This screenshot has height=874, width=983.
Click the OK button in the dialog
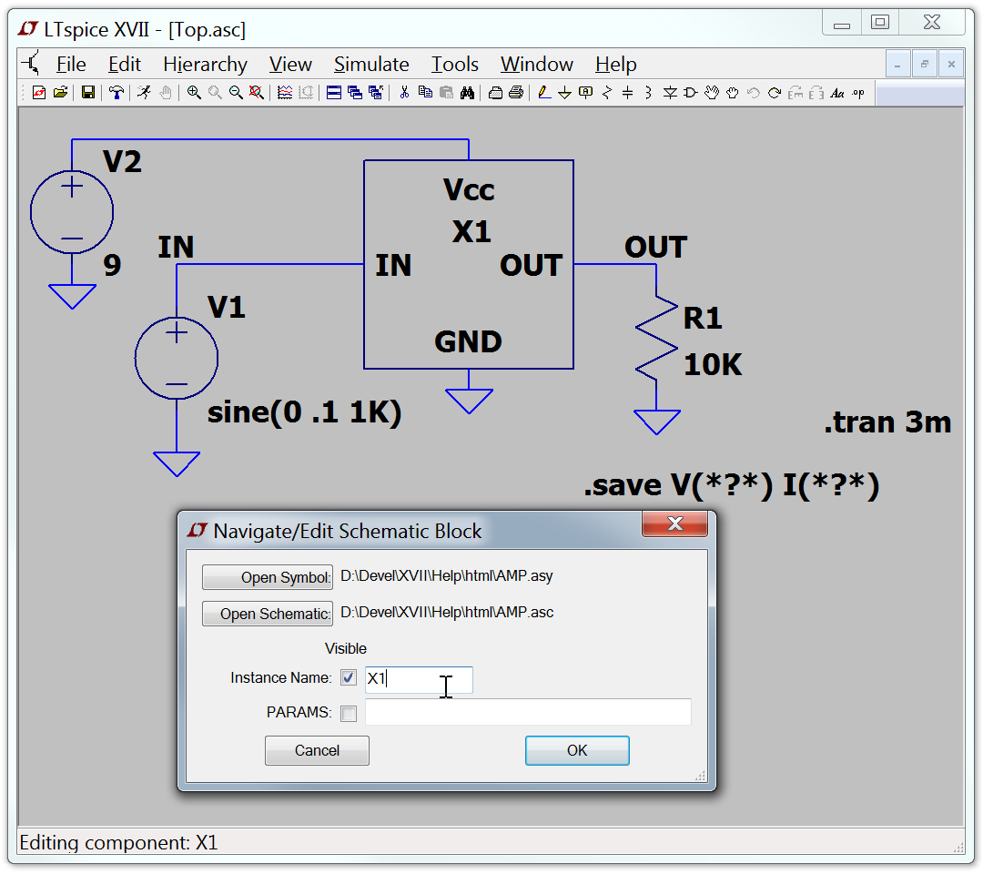577,750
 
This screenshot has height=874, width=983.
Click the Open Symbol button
267,577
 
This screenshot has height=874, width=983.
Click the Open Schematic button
267,614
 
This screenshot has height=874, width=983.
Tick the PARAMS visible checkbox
349,714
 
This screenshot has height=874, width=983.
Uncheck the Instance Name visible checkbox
349,677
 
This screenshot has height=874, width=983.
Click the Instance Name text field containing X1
419,680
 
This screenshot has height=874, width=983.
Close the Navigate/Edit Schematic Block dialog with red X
674,523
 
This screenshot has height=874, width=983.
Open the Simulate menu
371,64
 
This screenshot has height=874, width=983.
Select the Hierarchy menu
205,64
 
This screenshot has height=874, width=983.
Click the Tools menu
454,64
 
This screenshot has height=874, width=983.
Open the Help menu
615,64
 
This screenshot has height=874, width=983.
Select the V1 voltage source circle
177,358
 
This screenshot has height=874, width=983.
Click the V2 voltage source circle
72,212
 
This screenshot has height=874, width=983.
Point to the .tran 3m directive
887,422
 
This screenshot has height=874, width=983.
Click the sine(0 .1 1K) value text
304,412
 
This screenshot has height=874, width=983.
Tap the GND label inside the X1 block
469,342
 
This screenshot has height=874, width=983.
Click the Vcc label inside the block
469,190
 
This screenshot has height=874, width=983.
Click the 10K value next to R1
713,365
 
